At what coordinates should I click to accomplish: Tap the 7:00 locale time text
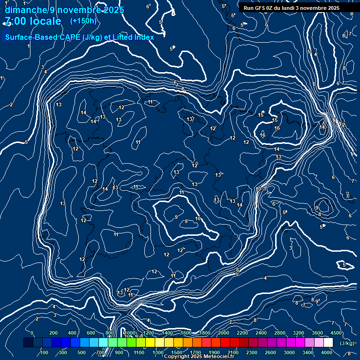(x=33, y=21)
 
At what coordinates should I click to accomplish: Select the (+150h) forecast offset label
(x=83, y=21)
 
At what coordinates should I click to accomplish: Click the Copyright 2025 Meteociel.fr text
(x=199, y=357)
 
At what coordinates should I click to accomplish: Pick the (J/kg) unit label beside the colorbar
(x=347, y=343)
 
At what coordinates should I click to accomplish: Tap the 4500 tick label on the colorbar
(x=336, y=333)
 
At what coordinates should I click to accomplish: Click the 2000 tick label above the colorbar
(x=224, y=333)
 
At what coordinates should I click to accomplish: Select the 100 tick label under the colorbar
(x=44, y=352)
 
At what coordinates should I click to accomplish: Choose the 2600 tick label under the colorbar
(x=270, y=352)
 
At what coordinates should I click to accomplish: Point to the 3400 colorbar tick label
(x=308, y=352)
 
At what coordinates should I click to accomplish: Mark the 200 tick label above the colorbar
(x=53, y=333)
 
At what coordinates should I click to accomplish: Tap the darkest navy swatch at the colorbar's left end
(x=28, y=343)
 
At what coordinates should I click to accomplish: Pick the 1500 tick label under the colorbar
(x=177, y=352)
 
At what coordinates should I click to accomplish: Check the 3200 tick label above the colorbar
(x=299, y=333)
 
